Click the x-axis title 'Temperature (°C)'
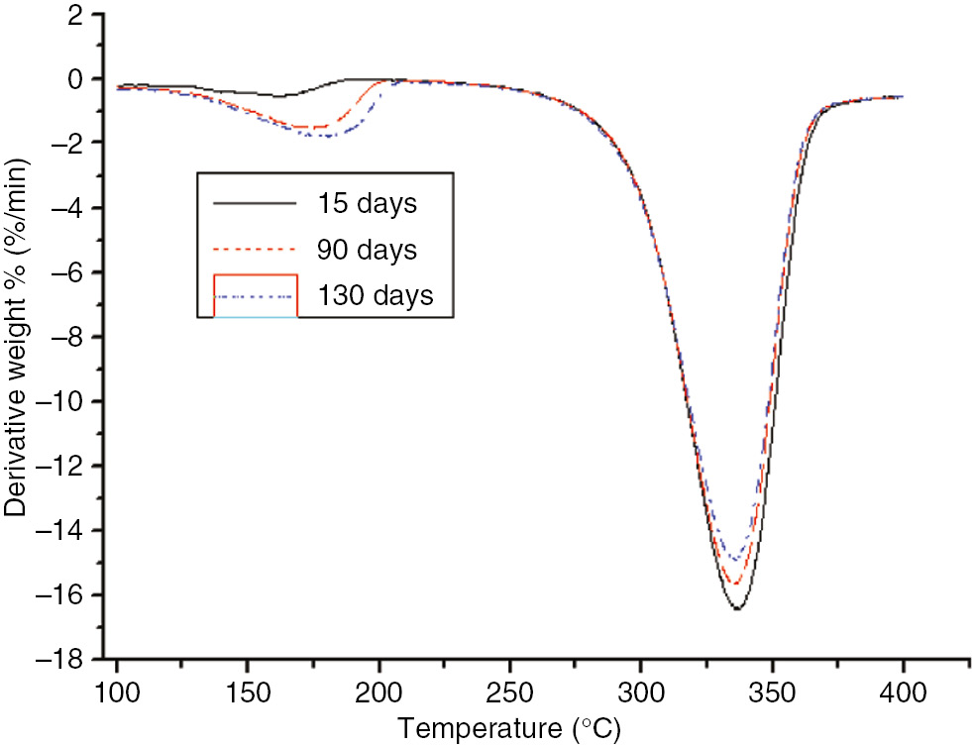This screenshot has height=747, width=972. (x=510, y=730)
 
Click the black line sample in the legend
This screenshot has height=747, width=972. (x=256, y=202)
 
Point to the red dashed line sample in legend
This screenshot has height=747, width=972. (x=256, y=250)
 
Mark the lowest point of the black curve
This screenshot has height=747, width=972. (x=737, y=608)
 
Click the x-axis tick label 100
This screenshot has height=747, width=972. (x=117, y=692)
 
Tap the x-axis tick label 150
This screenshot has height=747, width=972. (x=248, y=692)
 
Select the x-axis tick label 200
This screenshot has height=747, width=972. (x=378, y=692)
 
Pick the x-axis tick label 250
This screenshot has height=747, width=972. (x=509, y=692)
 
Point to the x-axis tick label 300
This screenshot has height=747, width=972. (x=640, y=692)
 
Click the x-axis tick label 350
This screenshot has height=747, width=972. (x=771, y=692)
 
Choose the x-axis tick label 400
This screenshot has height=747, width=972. (x=903, y=692)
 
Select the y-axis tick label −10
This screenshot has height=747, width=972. (x=62, y=401)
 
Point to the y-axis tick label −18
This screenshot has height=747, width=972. (x=62, y=660)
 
